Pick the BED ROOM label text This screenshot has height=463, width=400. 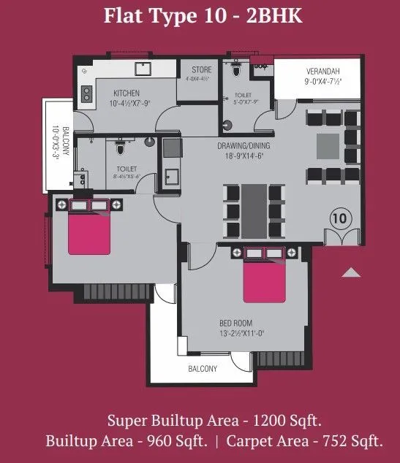tap(236, 323)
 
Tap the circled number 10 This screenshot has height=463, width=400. tap(339, 217)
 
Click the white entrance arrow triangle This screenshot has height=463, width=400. tap(352, 272)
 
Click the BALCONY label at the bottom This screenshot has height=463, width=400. tap(202, 370)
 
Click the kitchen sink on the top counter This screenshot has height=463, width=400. tap(141, 70)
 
